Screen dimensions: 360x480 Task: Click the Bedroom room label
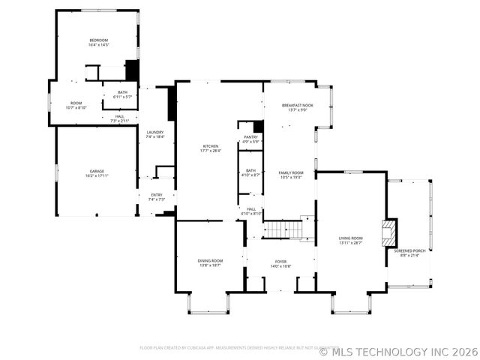point(99,40)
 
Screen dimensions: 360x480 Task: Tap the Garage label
point(96,171)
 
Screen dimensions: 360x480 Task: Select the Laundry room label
point(154,132)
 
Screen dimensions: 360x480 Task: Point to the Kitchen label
point(210,146)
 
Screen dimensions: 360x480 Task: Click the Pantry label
point(250,137)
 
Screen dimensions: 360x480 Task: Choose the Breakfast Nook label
point(297,106)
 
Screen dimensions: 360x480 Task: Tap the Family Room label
point(291,172)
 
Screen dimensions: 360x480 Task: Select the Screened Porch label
point(409,250)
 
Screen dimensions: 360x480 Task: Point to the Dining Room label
point(210,260)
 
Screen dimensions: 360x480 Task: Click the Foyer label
point(280,261)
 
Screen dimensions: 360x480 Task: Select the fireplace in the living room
point(388,232)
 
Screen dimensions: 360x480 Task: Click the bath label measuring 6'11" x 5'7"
point(122,92)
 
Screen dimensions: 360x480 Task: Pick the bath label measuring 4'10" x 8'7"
point(250,170)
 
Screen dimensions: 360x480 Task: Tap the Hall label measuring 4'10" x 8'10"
point(250,209)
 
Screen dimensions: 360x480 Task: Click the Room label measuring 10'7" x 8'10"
point(76,103)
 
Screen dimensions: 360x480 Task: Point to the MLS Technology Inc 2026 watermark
point(397,351)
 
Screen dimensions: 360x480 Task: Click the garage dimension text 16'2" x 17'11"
point(96,175)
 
